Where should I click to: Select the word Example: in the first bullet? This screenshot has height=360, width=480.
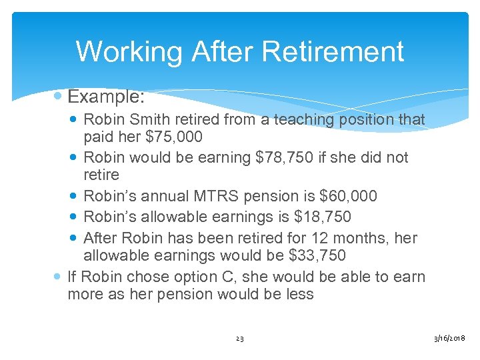(106, 97)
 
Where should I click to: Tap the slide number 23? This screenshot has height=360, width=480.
(240, 339)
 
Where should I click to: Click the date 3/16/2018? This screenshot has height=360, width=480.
(449, 339)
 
